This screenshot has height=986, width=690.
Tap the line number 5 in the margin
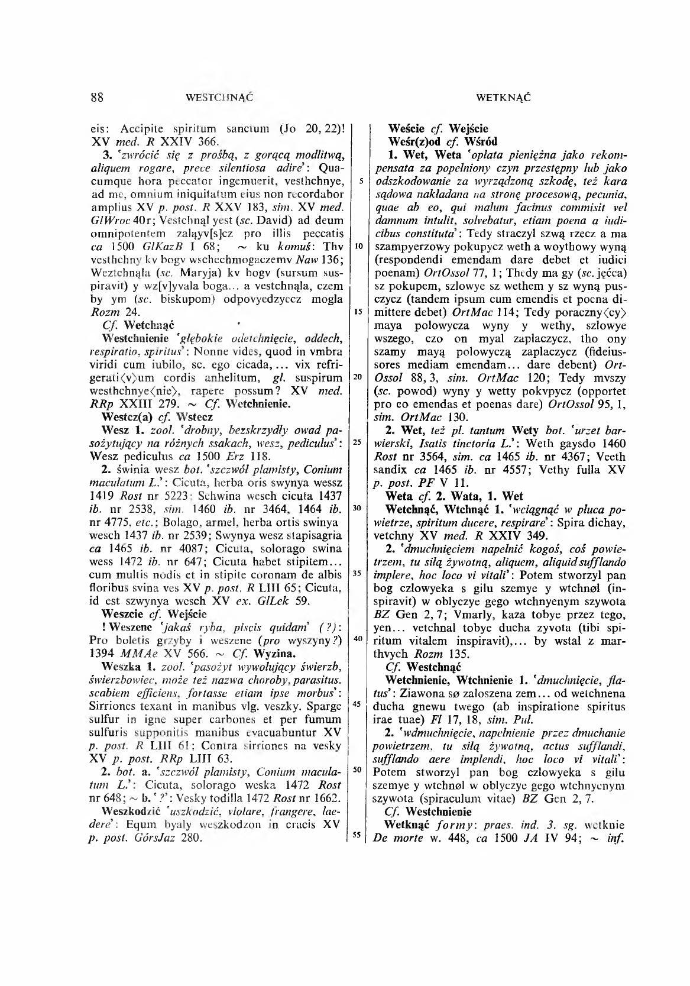(360, 180)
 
